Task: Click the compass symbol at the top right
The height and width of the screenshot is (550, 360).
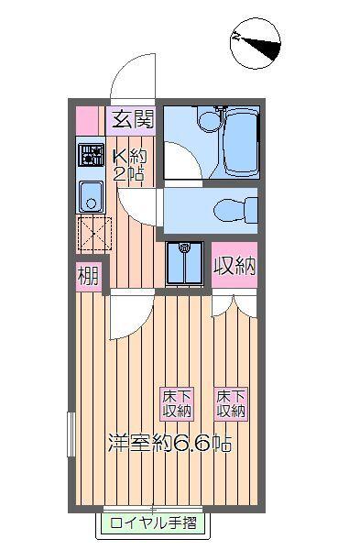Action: pos(254,41)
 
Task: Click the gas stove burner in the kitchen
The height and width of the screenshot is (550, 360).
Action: pos(91,155)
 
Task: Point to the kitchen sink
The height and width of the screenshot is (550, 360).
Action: pos(91,195)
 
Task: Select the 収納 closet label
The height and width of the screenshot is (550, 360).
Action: pos(234,267)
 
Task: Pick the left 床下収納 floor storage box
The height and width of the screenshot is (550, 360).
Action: pos(178,403)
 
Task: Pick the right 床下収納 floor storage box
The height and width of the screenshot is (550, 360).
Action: pos(231,403)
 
